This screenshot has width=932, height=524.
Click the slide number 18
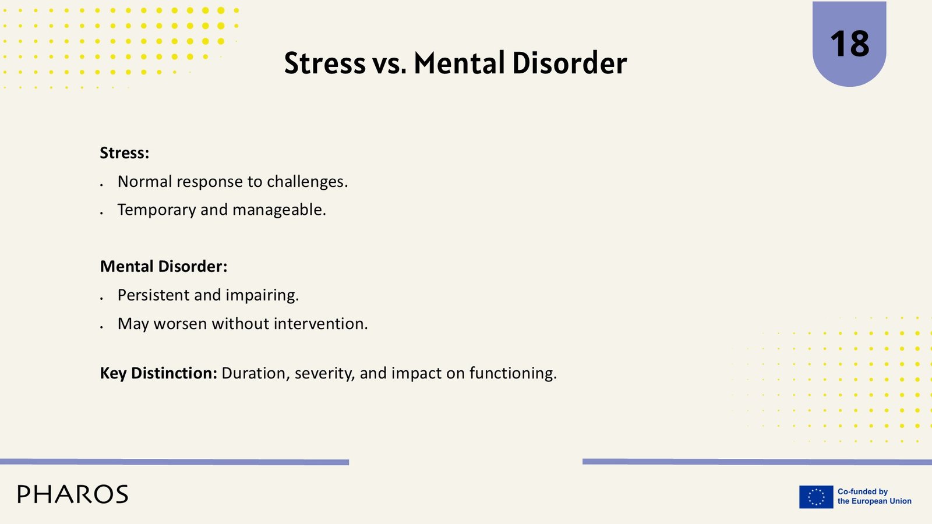(849, 44)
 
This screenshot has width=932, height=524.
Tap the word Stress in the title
(325, 63)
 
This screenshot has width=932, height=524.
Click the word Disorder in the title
(570, 63)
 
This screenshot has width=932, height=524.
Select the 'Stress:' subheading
(125, 153)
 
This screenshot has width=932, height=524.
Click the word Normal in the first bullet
(145, 181)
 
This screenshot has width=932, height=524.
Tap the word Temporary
(157, 210)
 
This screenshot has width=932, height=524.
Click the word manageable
(279, 210)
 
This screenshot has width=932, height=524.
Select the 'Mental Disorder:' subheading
(164, 267)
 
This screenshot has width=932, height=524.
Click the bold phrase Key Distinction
(158, 373)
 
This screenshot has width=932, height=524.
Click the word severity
(324, 374)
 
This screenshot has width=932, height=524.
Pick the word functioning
(513, 373)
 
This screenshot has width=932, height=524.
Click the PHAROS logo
(73, 494)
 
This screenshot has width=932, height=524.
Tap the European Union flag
(816, 497)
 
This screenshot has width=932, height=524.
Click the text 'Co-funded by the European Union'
(874, 497)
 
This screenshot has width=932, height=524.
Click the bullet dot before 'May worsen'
(101, 327)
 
